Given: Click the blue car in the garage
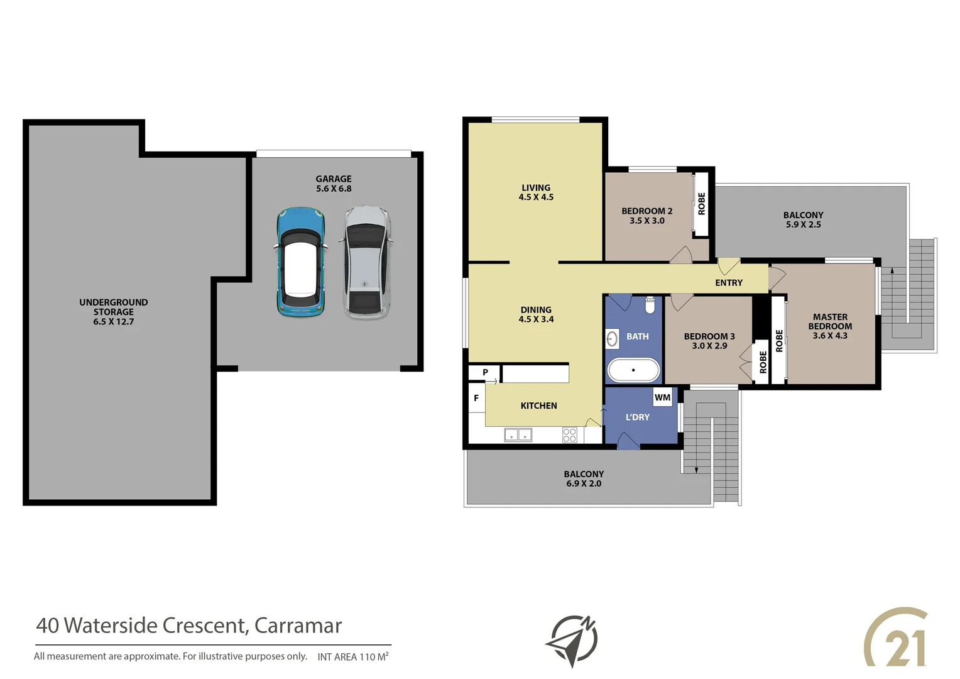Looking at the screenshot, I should click(300, 262).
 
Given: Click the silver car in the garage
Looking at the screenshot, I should click(366, 262).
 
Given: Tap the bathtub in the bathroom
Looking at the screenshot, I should click(633, 370).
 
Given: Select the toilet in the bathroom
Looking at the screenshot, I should click(650, 305).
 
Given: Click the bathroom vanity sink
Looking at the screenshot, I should click(612, 339).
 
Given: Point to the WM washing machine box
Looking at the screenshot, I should click(662, 397).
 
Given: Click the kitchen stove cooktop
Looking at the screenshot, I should click(569, 435).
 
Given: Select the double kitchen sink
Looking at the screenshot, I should click(518, 435).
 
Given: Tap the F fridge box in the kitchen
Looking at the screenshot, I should click(476, 398).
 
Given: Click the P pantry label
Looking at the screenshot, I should click(485, 372).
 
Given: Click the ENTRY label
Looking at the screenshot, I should click(728, 283).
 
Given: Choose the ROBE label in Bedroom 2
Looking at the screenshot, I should click(701, 204).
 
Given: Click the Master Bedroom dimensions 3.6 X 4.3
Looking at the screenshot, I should click(829, 336).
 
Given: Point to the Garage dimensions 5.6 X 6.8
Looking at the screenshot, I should click(334, 189).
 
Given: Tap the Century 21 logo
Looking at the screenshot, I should click(896, 638).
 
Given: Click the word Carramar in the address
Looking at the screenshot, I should click(298, 626).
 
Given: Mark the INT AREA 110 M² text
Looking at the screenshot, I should click(352, 656).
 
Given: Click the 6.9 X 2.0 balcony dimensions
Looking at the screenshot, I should click(584, 483).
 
